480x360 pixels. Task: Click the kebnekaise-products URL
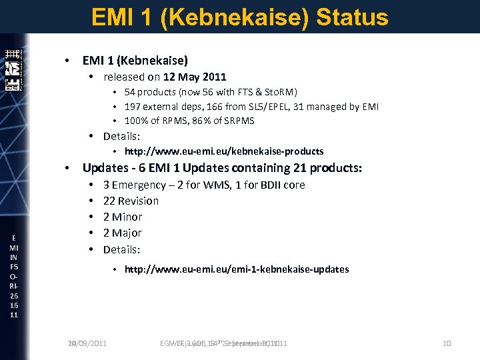coord(224,151)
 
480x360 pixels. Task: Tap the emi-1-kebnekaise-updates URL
coord(237,269)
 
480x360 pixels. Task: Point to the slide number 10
coord(446,343)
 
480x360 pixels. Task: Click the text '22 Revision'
coord(131,201)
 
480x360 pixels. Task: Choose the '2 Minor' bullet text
coord(123,217)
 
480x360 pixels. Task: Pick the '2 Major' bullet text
coord(122,233)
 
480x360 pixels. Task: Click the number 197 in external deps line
coord(133,107)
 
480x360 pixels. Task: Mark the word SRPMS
coord(240,121)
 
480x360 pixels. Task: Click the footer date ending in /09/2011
coord(87,343)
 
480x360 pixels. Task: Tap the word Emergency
coord(139,185)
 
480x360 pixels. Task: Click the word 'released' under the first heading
coord(123,77)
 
